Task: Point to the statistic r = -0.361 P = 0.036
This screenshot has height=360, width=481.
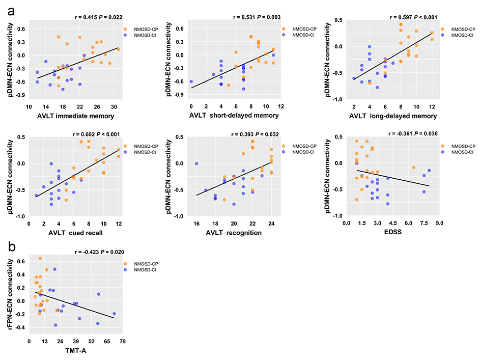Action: (413, 133)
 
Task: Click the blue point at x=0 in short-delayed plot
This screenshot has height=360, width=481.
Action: (191, 81)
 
